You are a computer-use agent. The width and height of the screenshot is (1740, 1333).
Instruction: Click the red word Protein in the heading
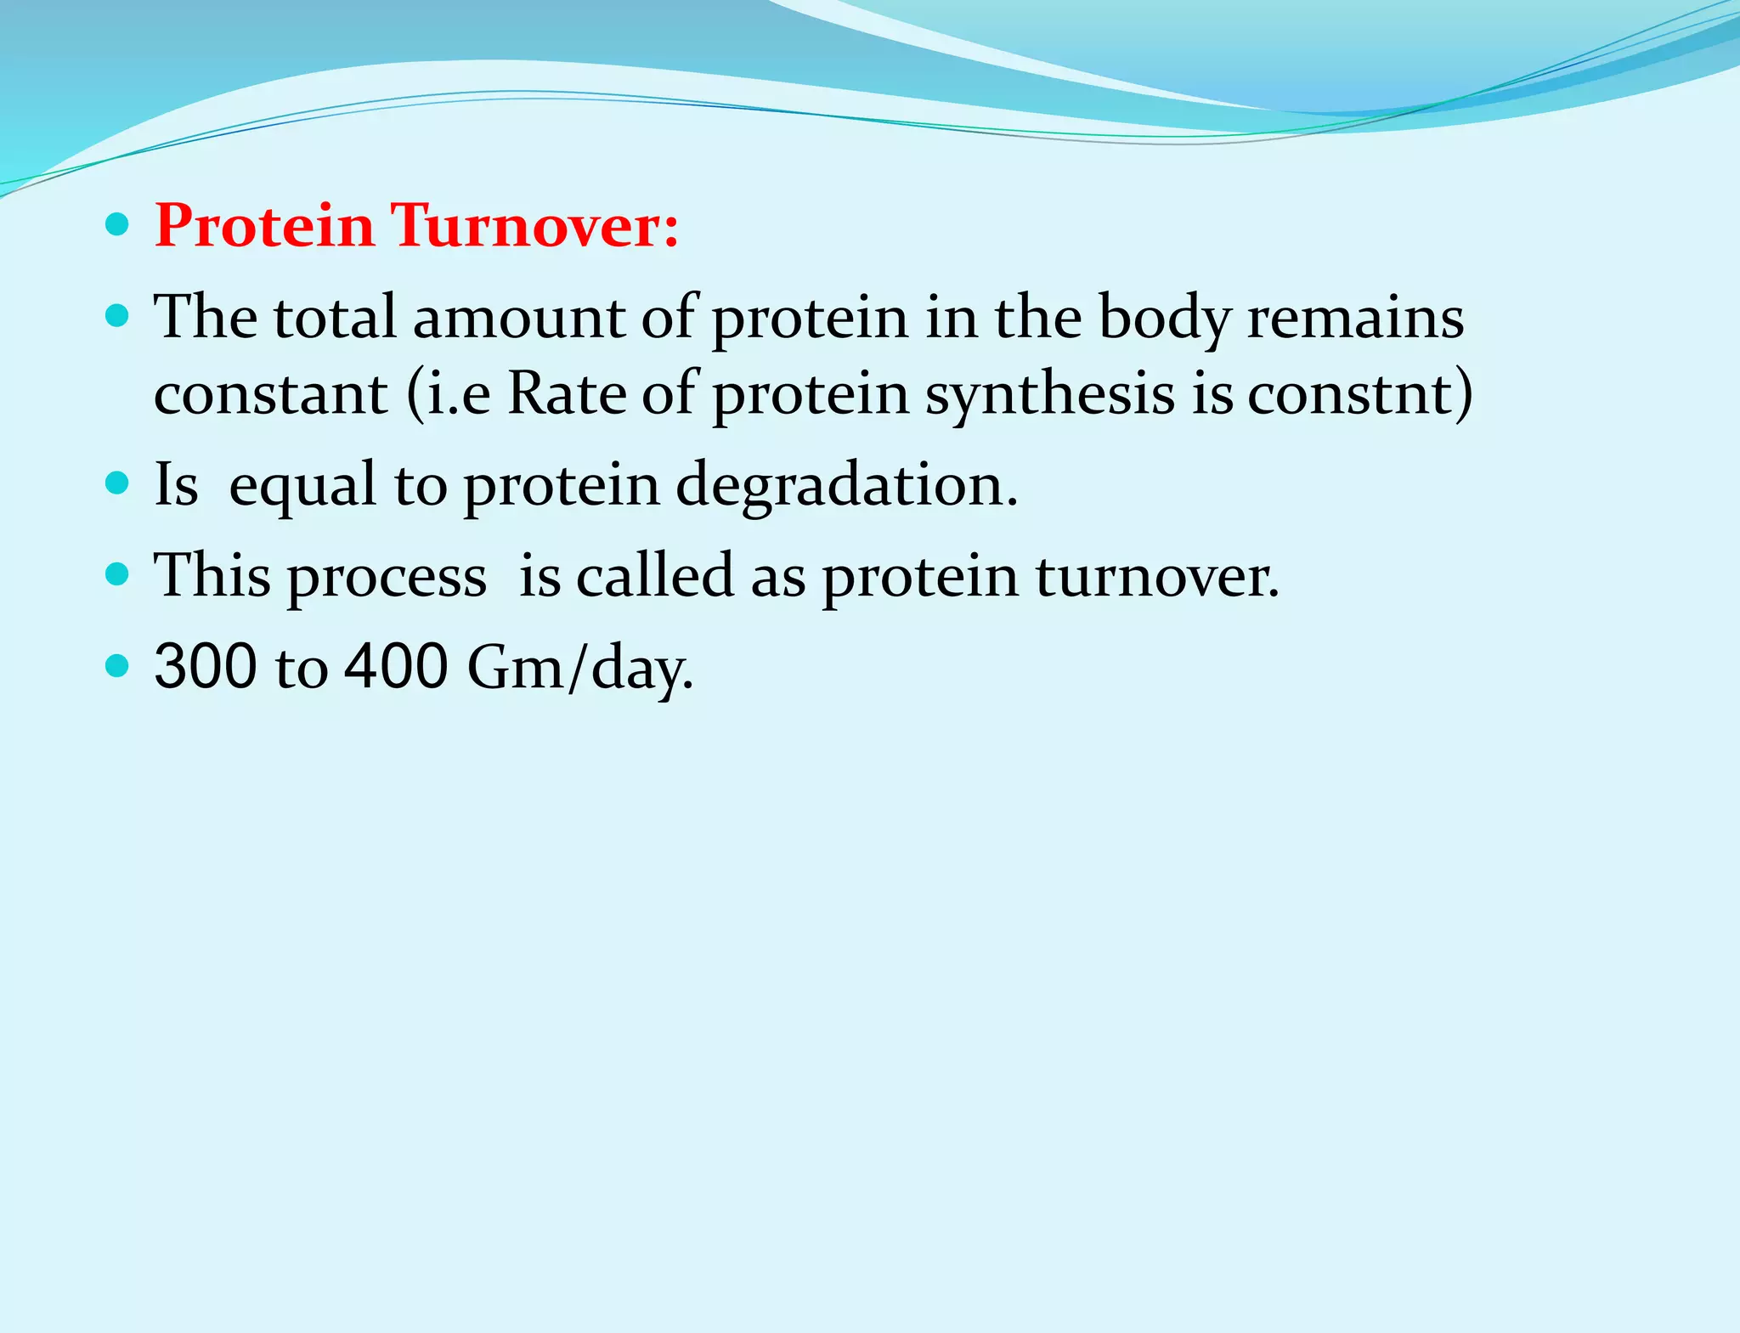(264, 226)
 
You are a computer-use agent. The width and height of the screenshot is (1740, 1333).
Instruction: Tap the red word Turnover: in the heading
(535, 226)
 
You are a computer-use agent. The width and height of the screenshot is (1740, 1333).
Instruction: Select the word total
(335, 317)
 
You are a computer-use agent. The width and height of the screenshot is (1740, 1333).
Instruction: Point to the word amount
(519, 317)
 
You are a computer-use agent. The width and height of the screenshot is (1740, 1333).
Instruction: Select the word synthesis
(1050, 395)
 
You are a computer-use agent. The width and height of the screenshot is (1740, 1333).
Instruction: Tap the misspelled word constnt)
(1360, 393)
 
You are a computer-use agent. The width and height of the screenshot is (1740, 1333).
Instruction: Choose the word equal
(302, 486)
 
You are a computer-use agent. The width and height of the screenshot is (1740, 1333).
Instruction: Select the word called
(654, 575)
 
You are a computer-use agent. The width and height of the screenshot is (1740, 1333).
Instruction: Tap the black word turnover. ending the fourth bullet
(1157, 575)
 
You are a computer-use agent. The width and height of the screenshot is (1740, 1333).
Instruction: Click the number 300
(206, 666)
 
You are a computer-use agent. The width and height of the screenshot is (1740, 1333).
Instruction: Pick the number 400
(396, 666)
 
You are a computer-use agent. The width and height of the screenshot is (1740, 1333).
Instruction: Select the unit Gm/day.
(580, 668)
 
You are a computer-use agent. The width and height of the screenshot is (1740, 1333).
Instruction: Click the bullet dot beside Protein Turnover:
(117, 225)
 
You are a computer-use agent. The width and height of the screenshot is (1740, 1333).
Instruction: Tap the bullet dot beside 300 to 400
(117, 664)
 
